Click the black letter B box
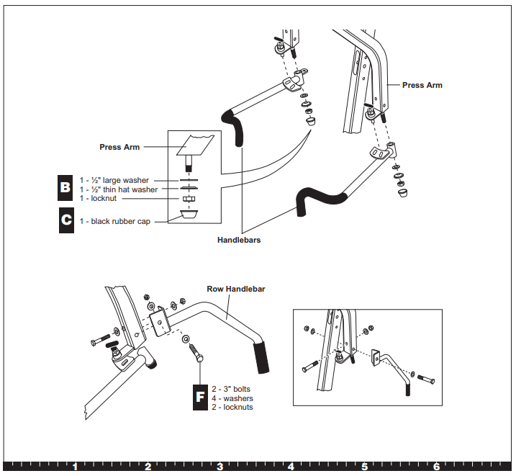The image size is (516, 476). point(65,187)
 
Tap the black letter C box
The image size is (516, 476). point(66,220)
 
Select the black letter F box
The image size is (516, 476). point(200,397)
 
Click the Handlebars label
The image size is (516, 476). point(239,240)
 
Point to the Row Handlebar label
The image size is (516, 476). point(235,289)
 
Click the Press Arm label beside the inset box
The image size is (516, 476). point(119,147)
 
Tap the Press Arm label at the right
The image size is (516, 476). point(422,85)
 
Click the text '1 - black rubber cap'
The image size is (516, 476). point(115,221)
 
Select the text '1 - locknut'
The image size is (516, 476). point(98,199)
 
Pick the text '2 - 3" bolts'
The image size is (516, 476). point(231,389)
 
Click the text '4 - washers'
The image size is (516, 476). point(232,398)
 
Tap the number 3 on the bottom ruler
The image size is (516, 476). point(219,467)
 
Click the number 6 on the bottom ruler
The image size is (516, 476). point(436,467)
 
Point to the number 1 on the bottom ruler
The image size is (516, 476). point(76,467)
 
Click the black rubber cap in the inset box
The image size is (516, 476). point(189,215)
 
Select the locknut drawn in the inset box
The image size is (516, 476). point(189,199)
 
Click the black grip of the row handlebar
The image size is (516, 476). point(261,358)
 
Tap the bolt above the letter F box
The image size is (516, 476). point(196,353)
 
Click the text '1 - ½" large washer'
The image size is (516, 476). point(114,180)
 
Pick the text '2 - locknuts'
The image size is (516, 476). point(232,407)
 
